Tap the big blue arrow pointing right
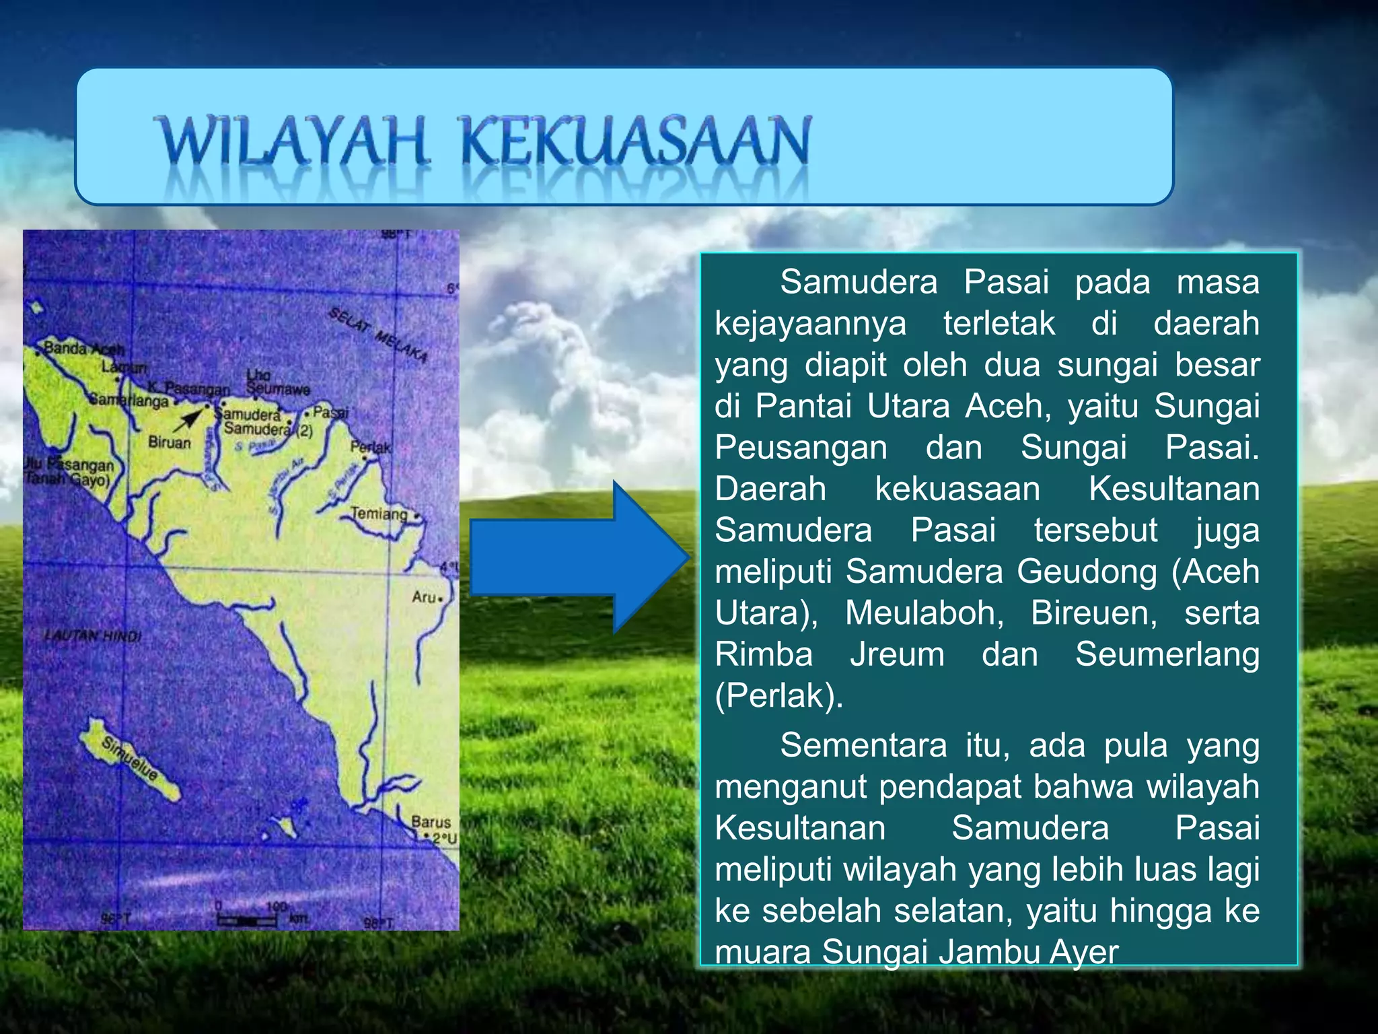(579, 557)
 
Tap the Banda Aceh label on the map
(83, 349)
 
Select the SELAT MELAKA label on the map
(378, 335)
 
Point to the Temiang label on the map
(379, 514)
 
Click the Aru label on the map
(424, 596)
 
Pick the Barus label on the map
(431, 822)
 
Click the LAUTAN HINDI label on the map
(93, 636)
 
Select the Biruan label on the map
(169, 443)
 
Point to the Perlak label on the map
(370, 447)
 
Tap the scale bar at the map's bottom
(247, 920)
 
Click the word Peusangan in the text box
(801, 448)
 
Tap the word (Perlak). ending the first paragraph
(778, 696)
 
